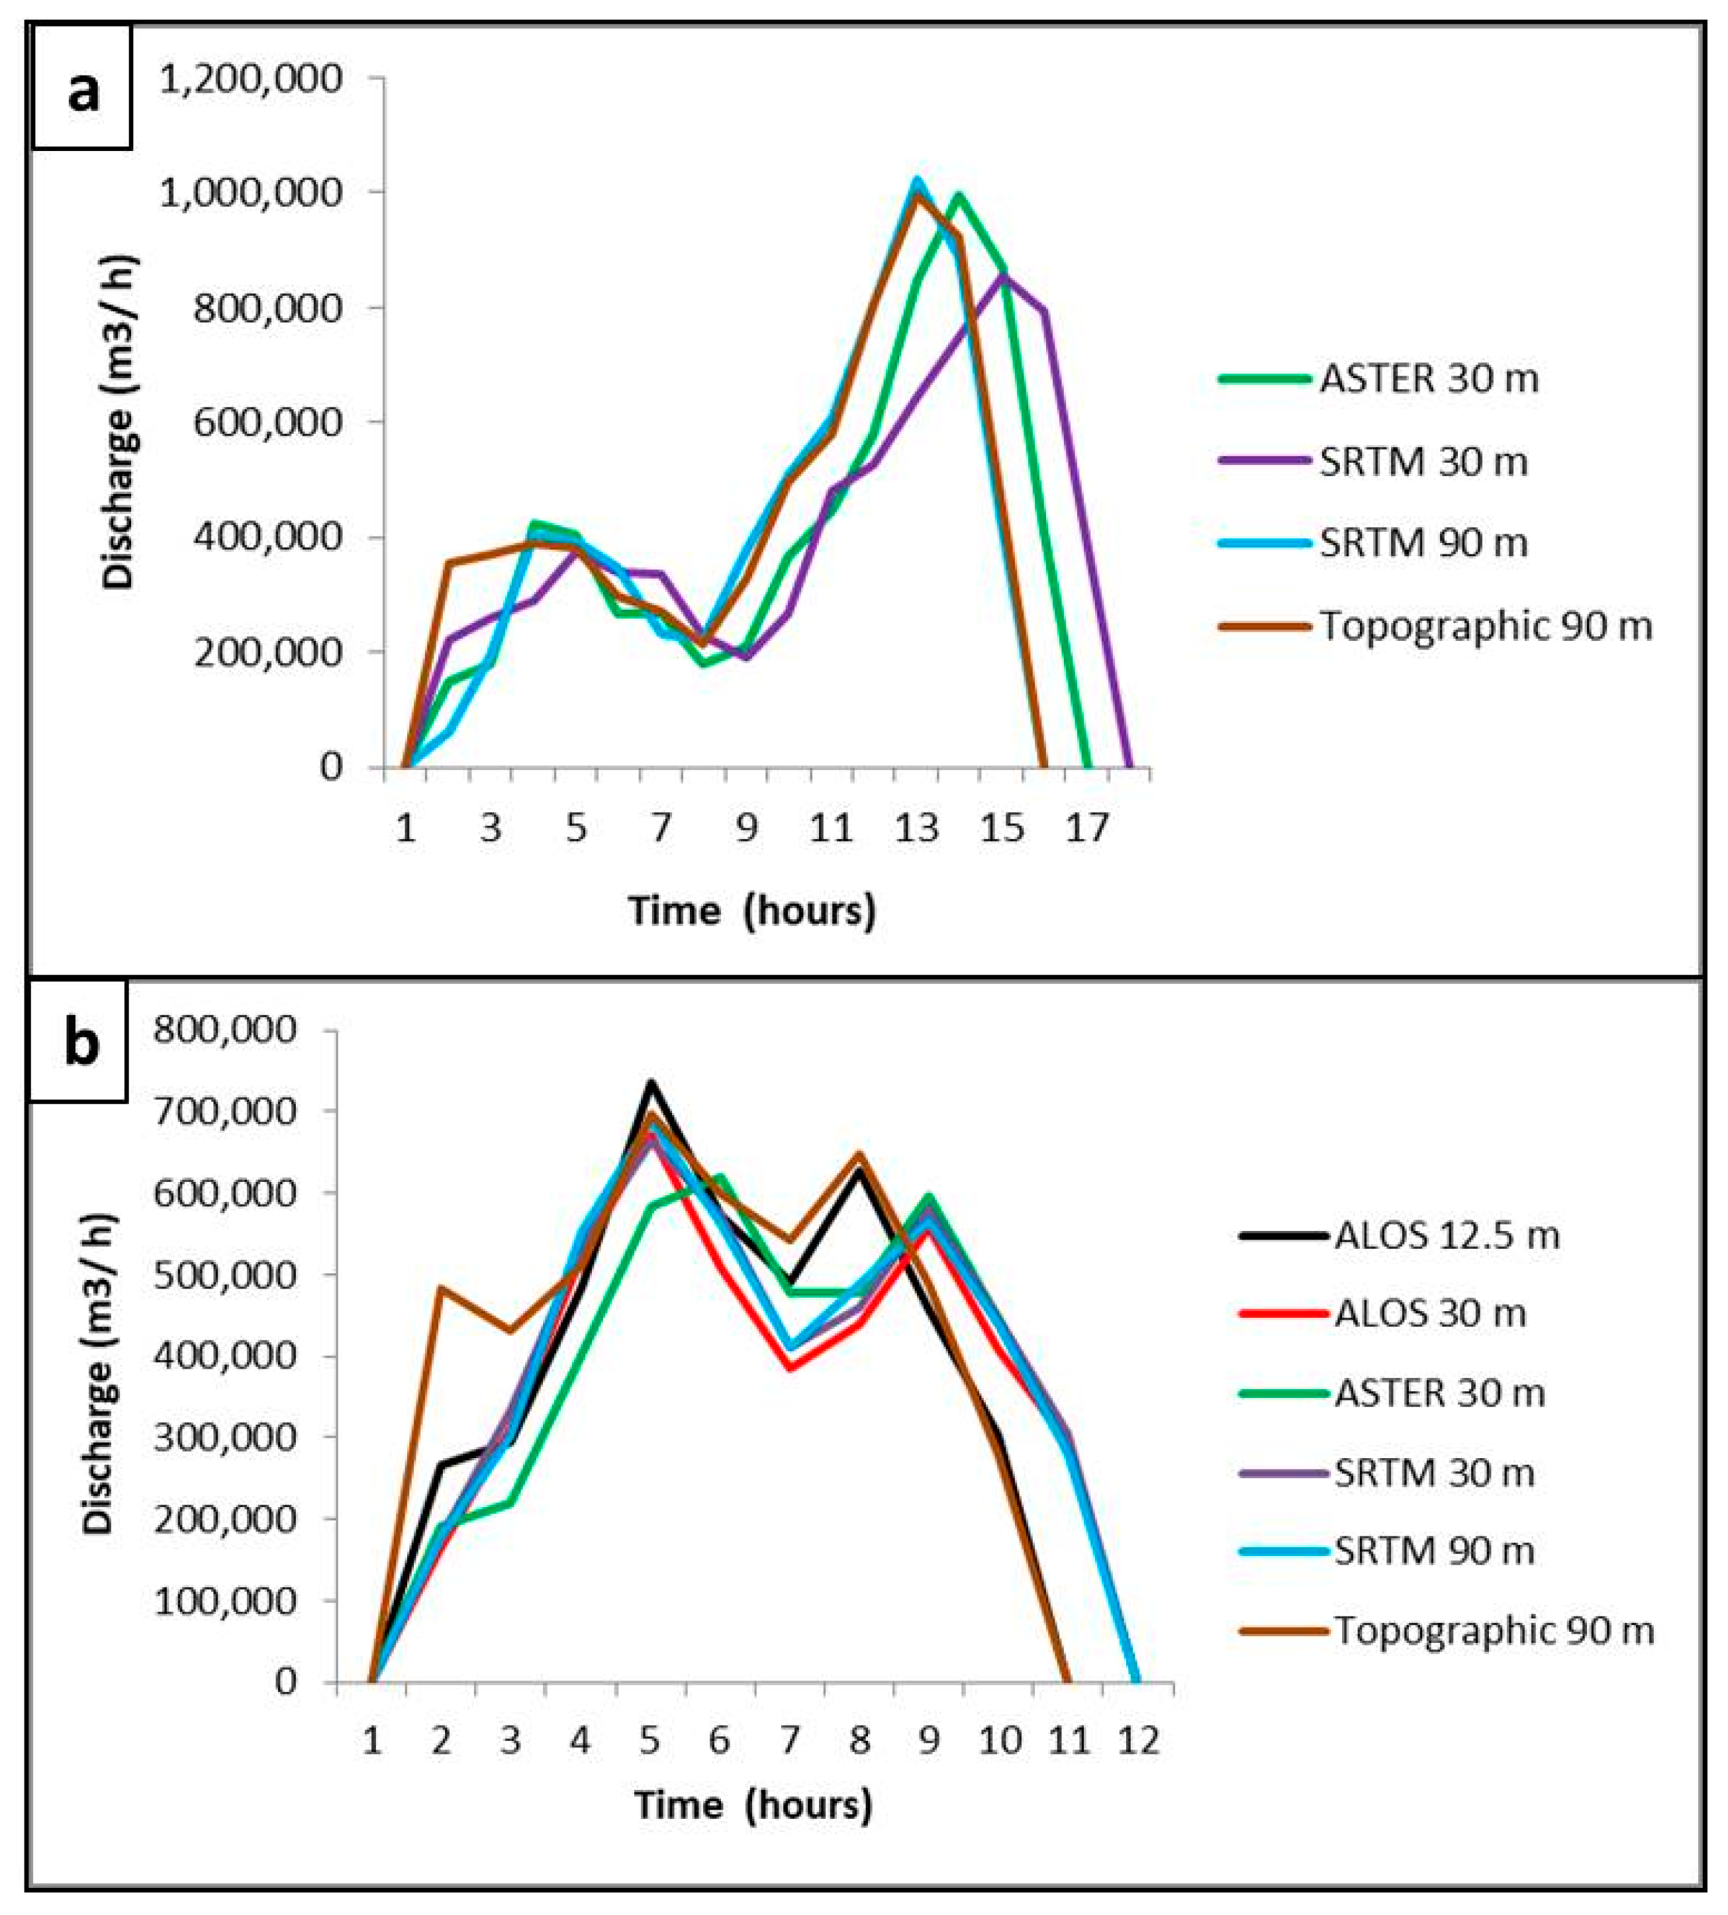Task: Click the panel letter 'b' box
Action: (x=79, y=1042)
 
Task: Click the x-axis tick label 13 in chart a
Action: (x=916, y=829)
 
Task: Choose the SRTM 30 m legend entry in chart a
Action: (x=1373, y=462)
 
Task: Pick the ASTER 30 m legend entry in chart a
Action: (x=1378, y=379)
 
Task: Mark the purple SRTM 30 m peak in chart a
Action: (x=1002, y=275)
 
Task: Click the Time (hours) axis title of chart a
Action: (x=751, y=910)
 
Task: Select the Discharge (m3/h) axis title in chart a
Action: (x=120, y=422)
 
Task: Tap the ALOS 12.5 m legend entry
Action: (x=1400, y=1235)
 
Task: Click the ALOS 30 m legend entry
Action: (x=1383, y=1313)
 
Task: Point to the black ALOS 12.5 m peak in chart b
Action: (x=651, y=1083)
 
